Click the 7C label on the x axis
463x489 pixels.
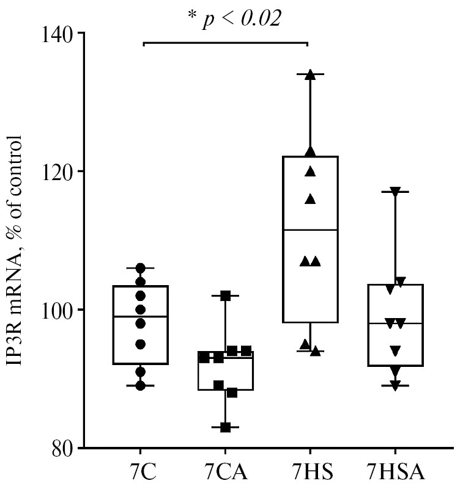pyautogui.click(x=141, y=473)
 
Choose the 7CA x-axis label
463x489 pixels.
pyautogui.click(x=225, y=473)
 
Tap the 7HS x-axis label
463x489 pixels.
pyautogui.click(x=309, y=473)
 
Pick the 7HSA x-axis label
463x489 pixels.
pyautogui.click(x=394, y=473)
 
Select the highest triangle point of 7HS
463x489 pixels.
pyautogui.click(x=310, y=74)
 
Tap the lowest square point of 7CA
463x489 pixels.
pyautogui.click(x=225, y=427)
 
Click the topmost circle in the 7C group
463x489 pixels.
pyautogui.click(x=141, y=268)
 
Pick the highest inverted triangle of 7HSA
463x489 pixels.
pyautogui.click(x=394, y=192)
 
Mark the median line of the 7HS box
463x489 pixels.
pyautogui.click(x=310, y=230)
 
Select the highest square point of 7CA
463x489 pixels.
pyautogui.click(x=225, y=295)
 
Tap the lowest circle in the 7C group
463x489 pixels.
pyautogui.click(x=141, y=385)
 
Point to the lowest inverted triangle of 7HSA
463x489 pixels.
pyautogui.click(x=394, y=385)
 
